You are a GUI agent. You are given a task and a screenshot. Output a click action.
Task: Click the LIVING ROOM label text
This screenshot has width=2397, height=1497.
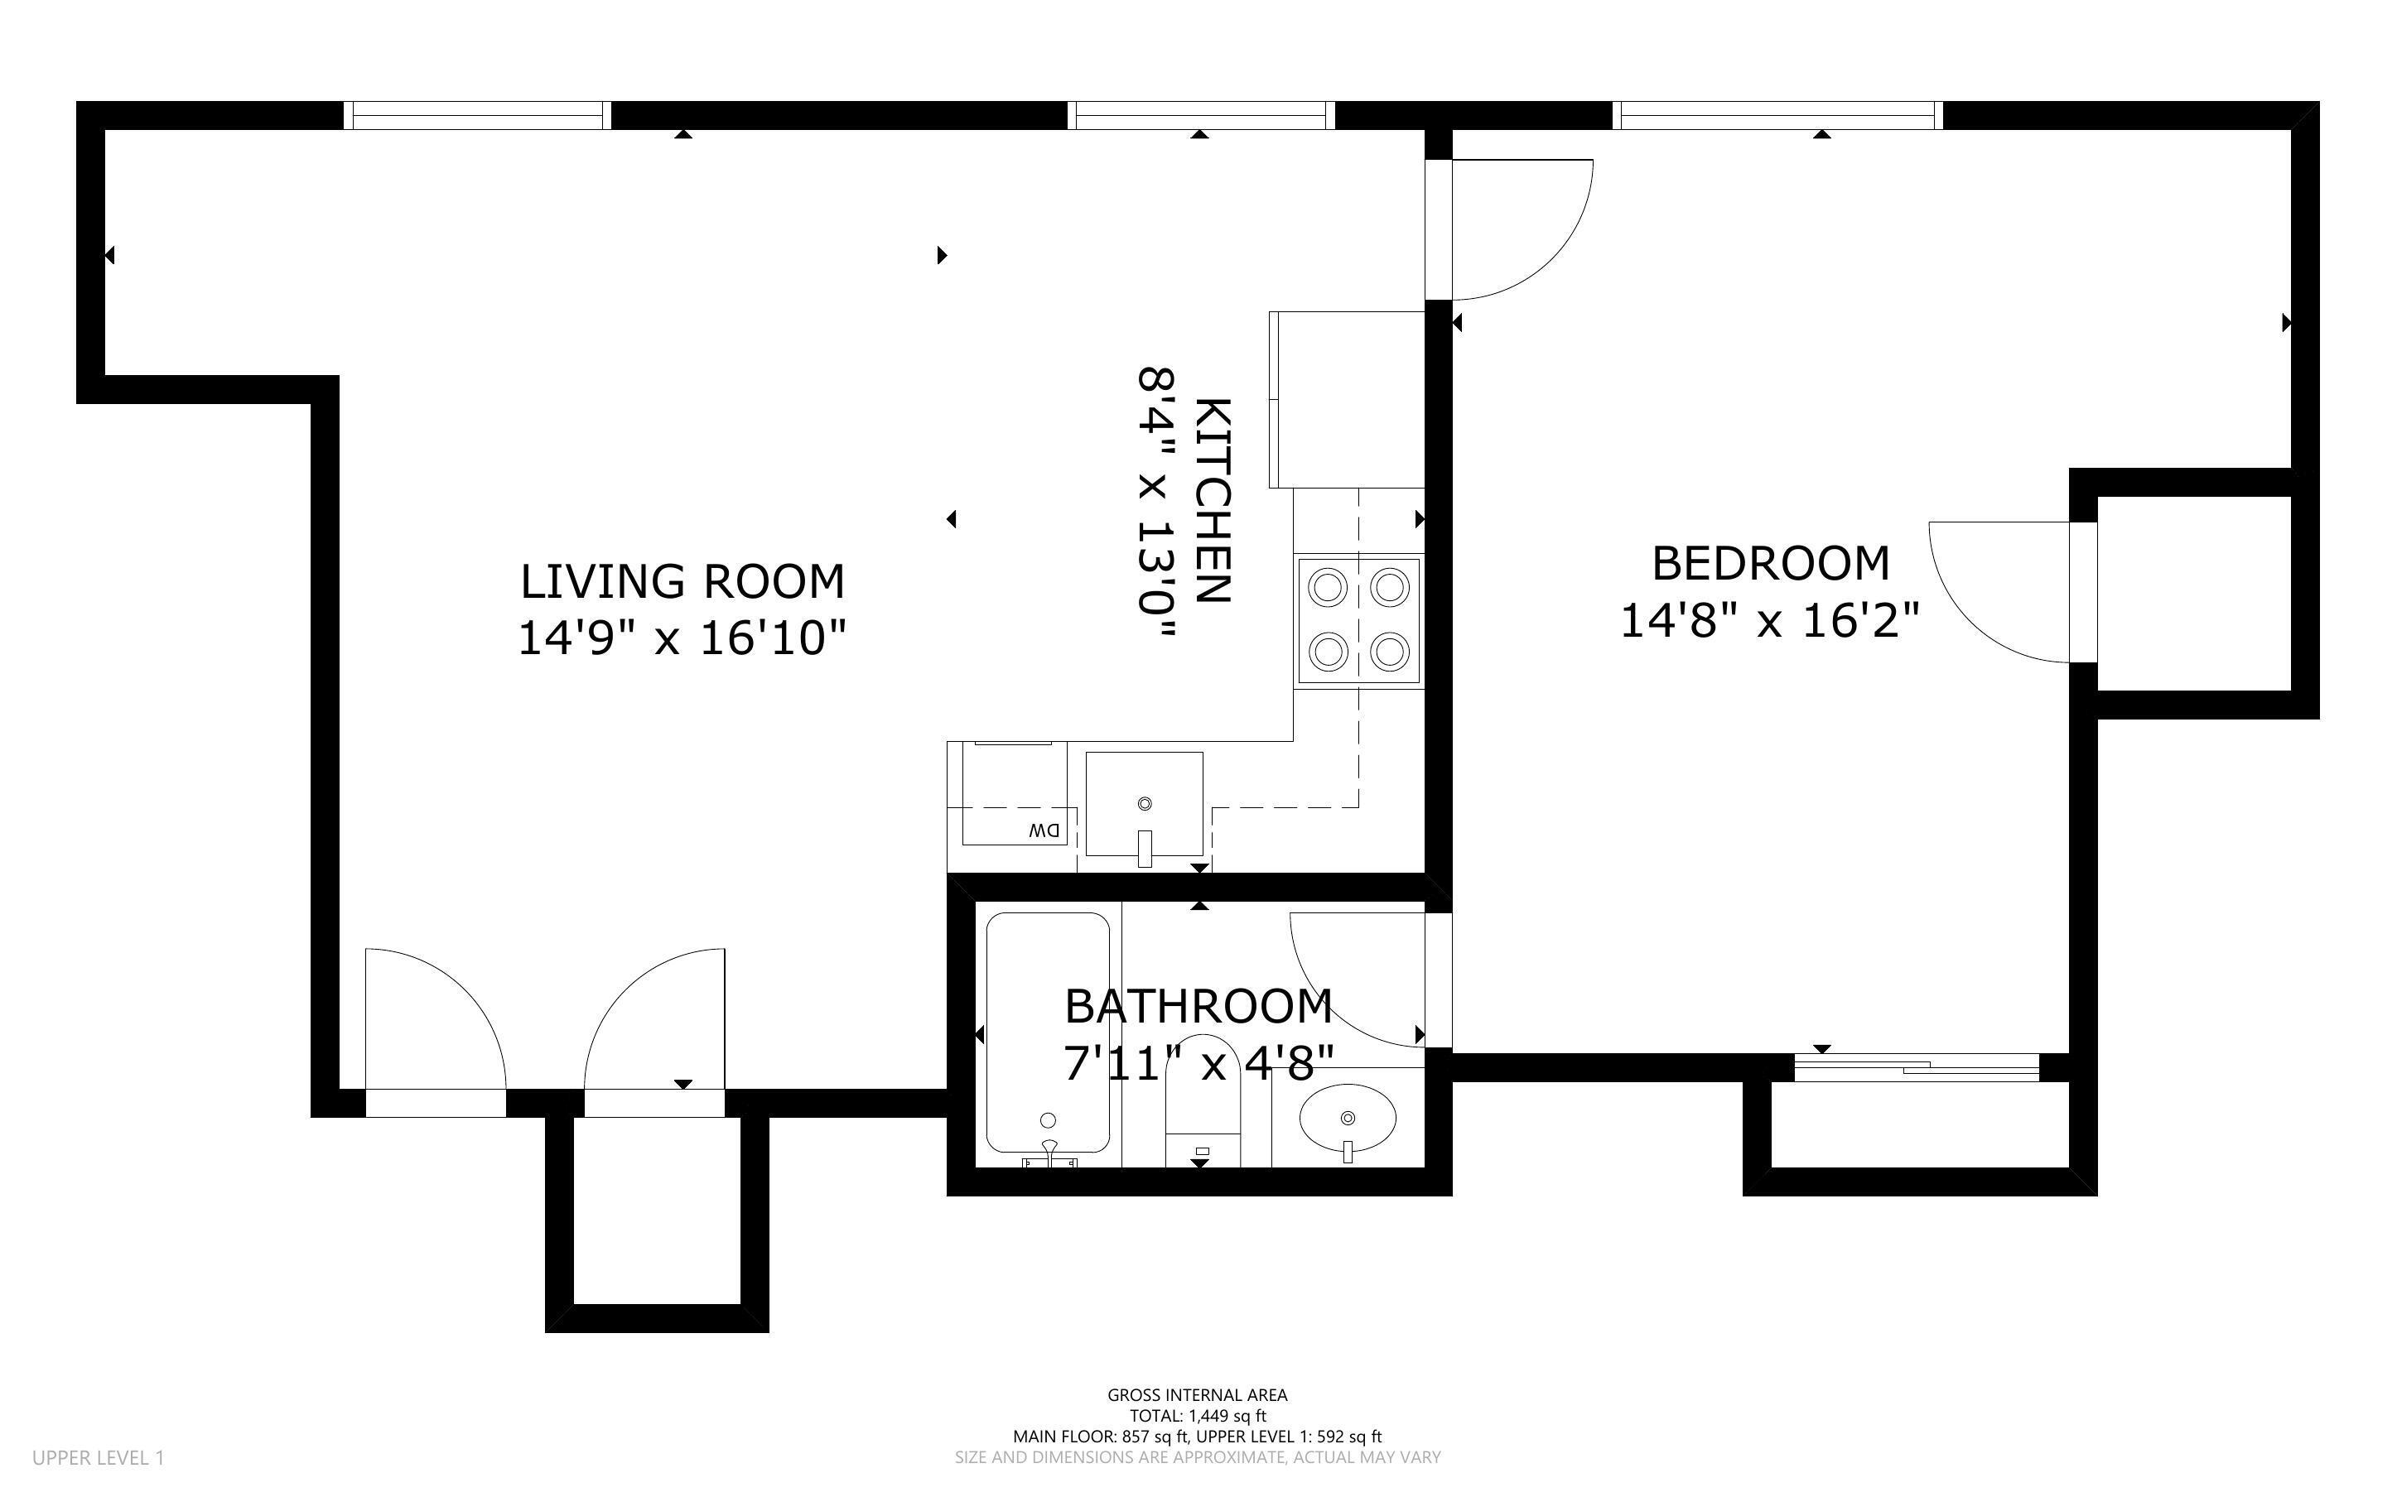pyautogui.click(x=682, y=581)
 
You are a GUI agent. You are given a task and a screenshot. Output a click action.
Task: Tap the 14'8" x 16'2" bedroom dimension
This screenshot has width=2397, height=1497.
pyautogui.click(x=1769, y=622)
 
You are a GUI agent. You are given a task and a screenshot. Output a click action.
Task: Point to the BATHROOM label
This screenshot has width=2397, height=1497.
pyautogui.click(x=1198, y=1007)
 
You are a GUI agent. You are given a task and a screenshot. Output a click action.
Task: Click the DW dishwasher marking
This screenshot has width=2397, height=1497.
pyautogui.click(x=1043, y=830)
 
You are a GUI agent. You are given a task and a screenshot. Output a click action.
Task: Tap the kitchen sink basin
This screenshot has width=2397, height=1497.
pyautogui.click(x=1145, y=803)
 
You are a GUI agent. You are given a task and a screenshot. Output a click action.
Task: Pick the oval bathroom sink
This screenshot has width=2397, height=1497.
pyautogui.click(x=1347, y=1118)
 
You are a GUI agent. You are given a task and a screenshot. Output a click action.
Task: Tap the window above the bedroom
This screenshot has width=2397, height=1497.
pyautogui.click(x=1777, y=116)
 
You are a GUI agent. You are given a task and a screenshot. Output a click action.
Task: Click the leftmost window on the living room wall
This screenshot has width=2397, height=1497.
pyautogui.click(x=477, y=116)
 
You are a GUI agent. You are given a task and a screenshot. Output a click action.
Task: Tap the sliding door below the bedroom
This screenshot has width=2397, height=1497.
pyautogui.click(x=1916, y=1067)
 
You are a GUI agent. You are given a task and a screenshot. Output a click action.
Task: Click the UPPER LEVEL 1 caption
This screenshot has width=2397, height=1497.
pyautogui.click(x=98, y=1457)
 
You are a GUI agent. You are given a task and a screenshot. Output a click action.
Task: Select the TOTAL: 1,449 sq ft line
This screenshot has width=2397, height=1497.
pyautogui.click(x=1197, y=1416)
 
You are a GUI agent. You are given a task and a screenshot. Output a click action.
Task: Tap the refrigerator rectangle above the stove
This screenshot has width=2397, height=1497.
pyautogui.click(x=1348, y=400)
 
